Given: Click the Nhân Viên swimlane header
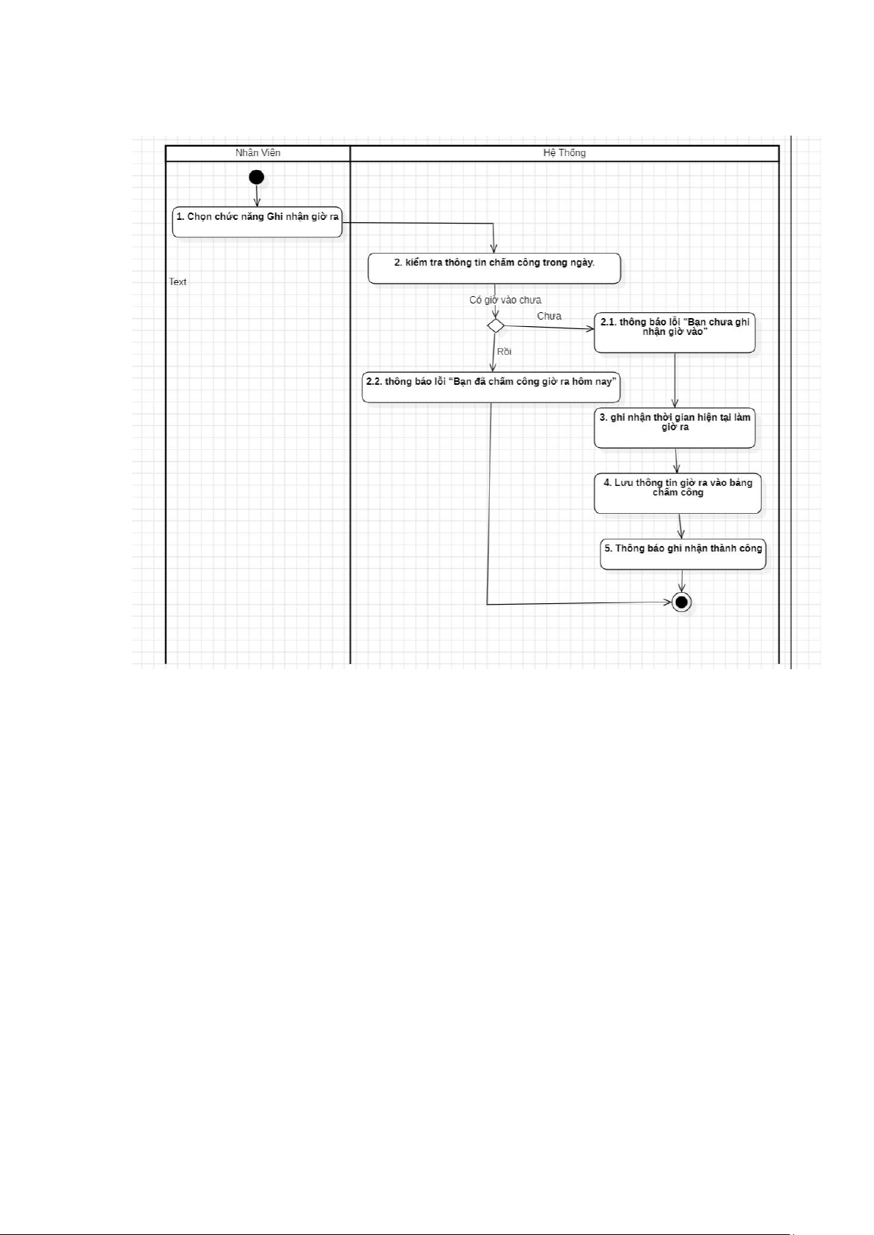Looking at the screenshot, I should pos(257,153).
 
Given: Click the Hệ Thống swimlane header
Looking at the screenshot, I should pos(564,153).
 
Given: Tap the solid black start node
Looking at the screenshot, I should pos(257,177).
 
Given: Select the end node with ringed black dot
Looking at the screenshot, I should pos(682,602).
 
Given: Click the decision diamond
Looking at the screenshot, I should pos(496,325).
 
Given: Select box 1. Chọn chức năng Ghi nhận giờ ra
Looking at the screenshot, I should pos(257,222).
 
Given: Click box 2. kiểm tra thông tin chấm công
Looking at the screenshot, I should pos(494,268).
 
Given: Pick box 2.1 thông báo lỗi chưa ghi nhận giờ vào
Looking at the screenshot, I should pos(675,333).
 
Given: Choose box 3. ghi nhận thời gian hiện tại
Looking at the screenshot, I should pos(675,428).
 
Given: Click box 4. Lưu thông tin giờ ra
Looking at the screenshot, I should pos(677,493).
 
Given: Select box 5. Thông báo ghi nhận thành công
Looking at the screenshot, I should pos(683,555).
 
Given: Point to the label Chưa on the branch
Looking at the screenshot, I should pos(549,316).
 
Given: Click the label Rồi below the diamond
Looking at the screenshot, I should pos(504,352).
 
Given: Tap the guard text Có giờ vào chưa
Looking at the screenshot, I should pos(505,300).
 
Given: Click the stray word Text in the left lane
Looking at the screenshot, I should pos(177,282).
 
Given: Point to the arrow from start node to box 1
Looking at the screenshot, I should pos(257,195).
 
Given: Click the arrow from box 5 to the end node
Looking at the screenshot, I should pos(682,580).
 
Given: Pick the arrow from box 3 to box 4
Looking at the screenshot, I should pos(676,460).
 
